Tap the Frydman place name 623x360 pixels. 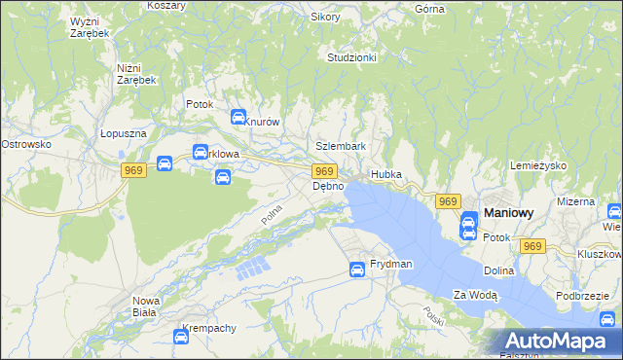[390, 265]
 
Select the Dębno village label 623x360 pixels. [328, 186]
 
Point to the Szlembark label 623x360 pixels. [341, 147]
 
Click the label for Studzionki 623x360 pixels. [352, 57]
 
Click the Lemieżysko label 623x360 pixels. [538, 166]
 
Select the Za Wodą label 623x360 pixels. [475, 295]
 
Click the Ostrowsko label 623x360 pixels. [25, 144]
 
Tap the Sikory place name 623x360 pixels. [325, 17]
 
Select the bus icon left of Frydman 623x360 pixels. [357, 270]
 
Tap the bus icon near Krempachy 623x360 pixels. [180, 337]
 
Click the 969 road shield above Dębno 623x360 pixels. [326, 171]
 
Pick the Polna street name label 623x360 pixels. [271, 213]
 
